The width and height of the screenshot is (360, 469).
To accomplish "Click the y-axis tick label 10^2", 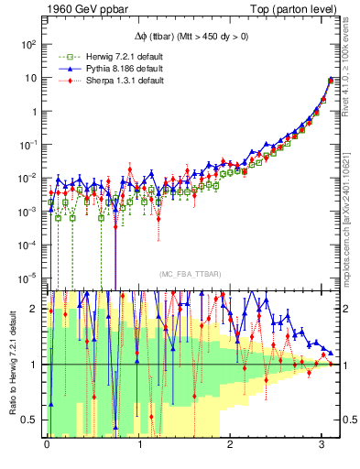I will click(28, 44).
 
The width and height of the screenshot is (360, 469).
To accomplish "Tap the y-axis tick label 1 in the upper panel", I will click(35, 111).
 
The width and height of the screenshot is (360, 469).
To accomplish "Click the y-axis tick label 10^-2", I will click(28, 178).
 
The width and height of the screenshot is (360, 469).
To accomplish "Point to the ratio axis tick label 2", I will click(36, 309).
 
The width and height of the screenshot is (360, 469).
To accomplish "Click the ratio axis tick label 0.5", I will click(31, 420).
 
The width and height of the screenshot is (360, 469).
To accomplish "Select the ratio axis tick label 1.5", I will click(31, 337).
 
